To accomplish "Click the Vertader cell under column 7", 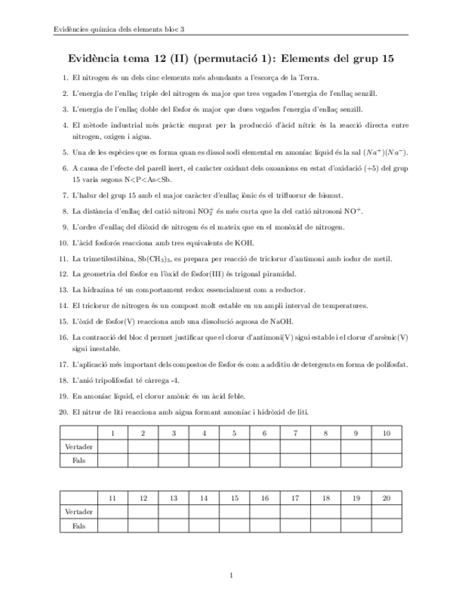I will [x=295, y=446].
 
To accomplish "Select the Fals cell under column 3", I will [x=174, y=460].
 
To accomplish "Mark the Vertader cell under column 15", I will [x=234, y=512].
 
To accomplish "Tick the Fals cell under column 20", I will [x=386, y=525].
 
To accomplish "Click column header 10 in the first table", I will [x=386, y=433].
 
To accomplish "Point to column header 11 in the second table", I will [x=113, y=499].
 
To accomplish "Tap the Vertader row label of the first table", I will [x=78, y=446].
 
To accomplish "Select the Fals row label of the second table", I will [x=78, y=525].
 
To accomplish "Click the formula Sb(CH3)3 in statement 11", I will [x=141, y=260].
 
